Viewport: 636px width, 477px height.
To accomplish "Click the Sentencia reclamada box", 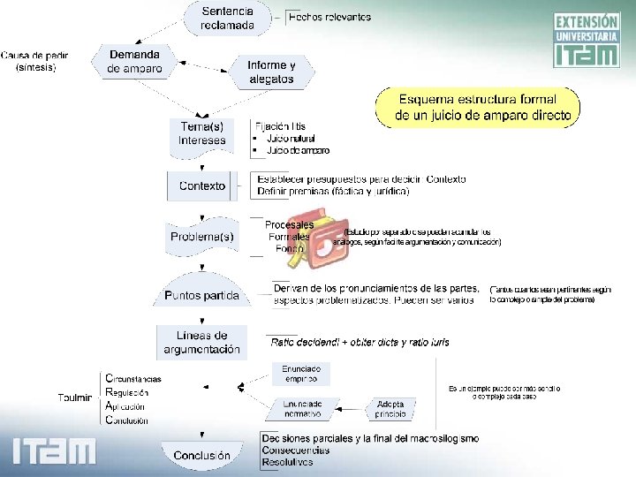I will [227, 19].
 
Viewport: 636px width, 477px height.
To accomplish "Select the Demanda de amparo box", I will [134, 61].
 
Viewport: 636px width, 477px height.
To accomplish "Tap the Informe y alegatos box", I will [270, 72].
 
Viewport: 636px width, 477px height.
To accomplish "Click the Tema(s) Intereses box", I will [201, 132].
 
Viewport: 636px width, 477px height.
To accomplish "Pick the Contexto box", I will [201, 185].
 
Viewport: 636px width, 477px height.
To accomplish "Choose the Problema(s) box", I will [201, 237].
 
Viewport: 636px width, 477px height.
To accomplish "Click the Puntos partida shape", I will [201, 295].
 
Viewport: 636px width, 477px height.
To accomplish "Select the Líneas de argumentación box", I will [201, 342].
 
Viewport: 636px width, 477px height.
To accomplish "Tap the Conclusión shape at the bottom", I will [201, 455].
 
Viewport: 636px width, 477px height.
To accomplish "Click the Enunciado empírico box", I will [301, 374].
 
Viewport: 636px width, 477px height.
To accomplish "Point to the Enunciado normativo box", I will [301, 408].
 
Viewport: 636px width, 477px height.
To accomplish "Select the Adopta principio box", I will [390, 408].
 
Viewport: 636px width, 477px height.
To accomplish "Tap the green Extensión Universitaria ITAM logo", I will [586, 40].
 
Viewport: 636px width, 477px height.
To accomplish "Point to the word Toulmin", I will [74, 398].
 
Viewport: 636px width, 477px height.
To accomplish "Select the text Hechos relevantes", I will [329, 16].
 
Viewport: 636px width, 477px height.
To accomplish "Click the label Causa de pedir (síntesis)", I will [35, 61].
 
